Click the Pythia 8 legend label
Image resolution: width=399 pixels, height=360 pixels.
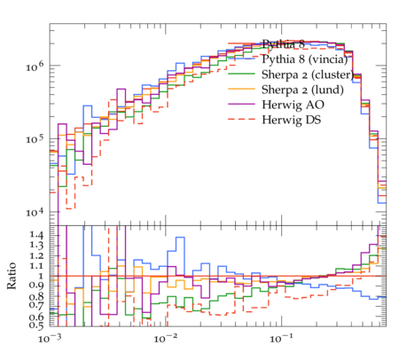coord(283,44)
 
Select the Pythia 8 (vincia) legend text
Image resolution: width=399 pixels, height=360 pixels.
coord(304,59)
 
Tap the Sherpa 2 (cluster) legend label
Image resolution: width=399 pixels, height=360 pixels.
coord(308,74)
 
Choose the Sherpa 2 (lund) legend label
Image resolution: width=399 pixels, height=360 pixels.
coord(302,90)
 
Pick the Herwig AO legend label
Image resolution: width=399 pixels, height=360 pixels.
coord(293,105)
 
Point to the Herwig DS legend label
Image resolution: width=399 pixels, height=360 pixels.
coord(291,120)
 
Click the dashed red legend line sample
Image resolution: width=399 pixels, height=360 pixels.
coord(241,119)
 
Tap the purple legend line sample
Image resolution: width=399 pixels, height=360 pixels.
coord(241,104)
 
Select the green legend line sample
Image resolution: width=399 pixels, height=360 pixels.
coord(241,74)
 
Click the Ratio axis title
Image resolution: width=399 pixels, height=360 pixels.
coord(12,276)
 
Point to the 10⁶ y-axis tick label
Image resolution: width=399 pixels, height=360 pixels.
coord(35,67)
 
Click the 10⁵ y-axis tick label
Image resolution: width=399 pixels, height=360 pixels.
coord(35,139)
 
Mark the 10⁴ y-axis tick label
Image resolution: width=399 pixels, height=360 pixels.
coord(35,213)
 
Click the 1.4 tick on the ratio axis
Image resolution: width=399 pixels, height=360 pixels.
coord(36,235)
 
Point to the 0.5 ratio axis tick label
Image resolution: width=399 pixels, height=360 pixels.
coord(36,325)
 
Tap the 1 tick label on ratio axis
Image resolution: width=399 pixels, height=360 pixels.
coord(41,276)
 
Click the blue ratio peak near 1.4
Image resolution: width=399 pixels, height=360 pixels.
coord(180,238)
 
